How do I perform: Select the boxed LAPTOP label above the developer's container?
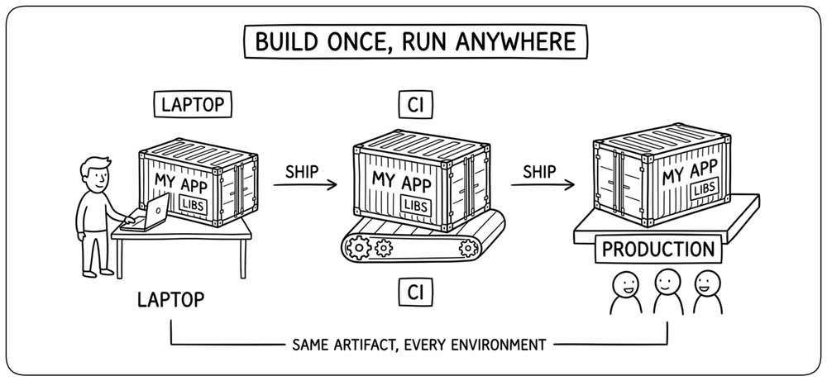pos(193,104)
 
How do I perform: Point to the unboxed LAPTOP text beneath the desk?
pos(170,300)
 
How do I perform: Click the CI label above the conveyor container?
pos(416,106)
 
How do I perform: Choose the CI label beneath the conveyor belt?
pos(416,292)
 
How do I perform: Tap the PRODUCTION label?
pos(658,250)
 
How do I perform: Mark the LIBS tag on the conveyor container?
pos(416,204)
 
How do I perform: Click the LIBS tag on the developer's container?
pos(193,204)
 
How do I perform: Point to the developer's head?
pos(95,175)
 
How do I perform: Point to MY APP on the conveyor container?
pos(401,181)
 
